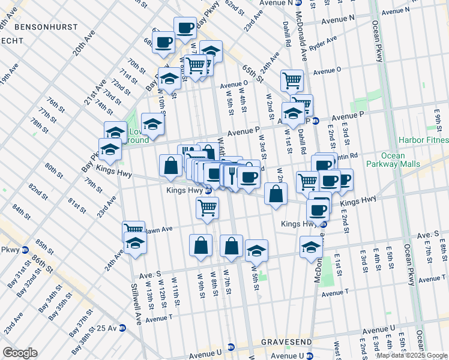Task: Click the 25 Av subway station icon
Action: point(123,328)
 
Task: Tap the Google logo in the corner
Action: point(20,352)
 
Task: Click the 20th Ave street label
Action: point(84,43)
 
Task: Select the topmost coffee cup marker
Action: point(185,28)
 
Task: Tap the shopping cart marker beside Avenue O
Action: point(292,80)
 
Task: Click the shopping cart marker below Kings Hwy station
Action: point(207,208)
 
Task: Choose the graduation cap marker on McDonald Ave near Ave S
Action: point(311,247)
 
